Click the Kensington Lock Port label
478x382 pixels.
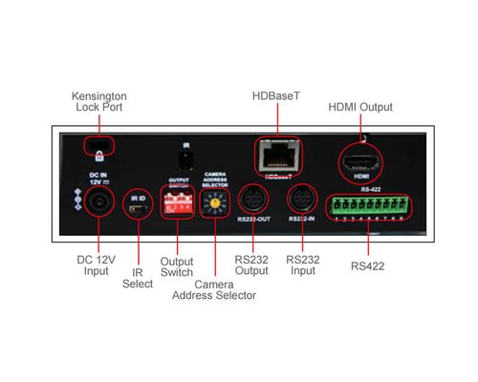pyautogui.click(x=99, y=102)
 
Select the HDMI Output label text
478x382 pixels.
pyautogui.click(x=360, y=107)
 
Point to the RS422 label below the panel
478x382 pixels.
pyautogui.click(x=368, y=265)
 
